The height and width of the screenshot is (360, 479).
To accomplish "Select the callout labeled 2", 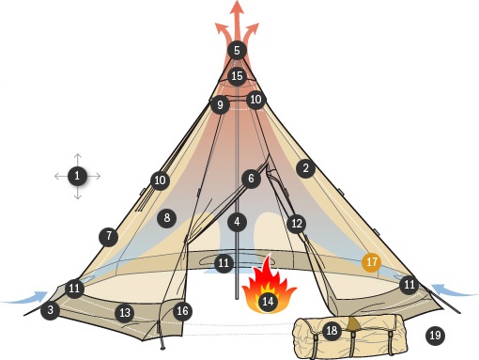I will coord(304,168).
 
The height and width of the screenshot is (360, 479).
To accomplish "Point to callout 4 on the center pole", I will coord(238,223).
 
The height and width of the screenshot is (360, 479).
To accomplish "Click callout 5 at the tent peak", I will coord(237,50).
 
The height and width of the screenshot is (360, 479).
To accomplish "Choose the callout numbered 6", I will coord(251,178).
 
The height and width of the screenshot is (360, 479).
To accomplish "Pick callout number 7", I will coord(110,235).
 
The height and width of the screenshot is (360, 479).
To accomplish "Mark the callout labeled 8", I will coord(167,217).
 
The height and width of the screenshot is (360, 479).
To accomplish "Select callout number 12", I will coord(297,224).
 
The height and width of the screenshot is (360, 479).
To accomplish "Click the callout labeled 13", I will coord(125,311).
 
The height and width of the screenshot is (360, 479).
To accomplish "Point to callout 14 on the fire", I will coord(268,302).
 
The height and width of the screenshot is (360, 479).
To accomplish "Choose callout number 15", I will coord(237,75).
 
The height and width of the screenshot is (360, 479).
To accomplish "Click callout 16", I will coord(182,310).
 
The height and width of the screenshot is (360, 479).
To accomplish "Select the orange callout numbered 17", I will coord(372,262).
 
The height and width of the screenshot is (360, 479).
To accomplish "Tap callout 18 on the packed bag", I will coord(331,330).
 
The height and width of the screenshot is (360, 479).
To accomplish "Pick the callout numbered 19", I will coord(434,335).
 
